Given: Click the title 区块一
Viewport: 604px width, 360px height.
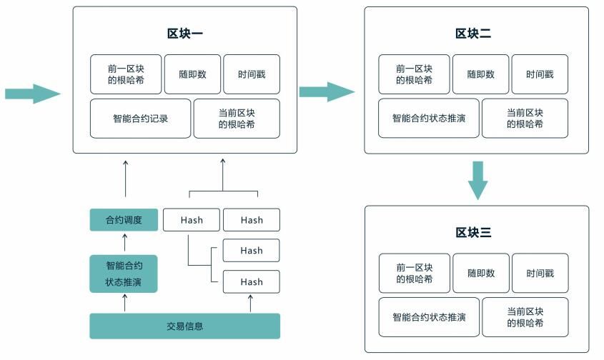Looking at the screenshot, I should (x=184, y=33).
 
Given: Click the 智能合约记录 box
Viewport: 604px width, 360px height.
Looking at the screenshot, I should (x=140, y=119).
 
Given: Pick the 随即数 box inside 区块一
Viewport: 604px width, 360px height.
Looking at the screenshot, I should (x=192, y=74).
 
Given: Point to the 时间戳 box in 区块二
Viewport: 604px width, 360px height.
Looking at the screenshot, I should (x=540, y=74).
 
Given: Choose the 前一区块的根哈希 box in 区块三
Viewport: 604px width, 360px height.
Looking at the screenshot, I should (x=414, y=273).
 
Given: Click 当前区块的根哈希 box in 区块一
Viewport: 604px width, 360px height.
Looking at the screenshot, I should (x=237, y=119).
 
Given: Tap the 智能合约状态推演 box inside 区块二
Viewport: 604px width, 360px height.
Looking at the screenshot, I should (x=428, y=118).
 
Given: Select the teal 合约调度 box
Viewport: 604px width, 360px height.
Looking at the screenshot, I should (x=124, y=220).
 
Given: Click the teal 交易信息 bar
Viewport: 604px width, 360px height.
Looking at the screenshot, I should (x=184, y=326).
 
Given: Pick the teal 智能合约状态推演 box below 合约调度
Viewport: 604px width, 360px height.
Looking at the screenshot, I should (x=124, y=274).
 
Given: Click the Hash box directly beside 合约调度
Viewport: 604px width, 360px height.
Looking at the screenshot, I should (x=192, y=220).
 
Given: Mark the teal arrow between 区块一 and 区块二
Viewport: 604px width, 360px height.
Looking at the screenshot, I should (x=327, y=91).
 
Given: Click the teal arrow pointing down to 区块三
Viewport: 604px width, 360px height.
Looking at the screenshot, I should (x=477, y=180).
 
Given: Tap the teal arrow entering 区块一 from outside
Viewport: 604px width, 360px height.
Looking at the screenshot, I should (x=32, y=93).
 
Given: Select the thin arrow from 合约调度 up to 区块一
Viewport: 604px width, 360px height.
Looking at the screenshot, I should (x=125, y=179).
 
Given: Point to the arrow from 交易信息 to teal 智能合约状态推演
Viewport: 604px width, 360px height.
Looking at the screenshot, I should (x=125, y=303).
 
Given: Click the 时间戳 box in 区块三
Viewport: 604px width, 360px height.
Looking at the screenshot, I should (x=540, y=273).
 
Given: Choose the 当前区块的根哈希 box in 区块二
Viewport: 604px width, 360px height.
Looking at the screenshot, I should (x=525, y=118).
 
